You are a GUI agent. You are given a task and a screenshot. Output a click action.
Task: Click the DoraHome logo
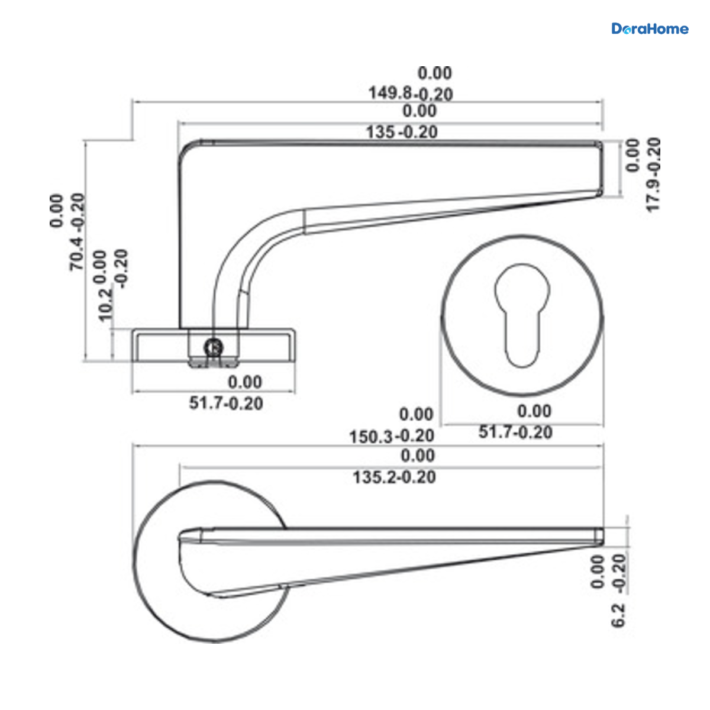[x=650, y=29]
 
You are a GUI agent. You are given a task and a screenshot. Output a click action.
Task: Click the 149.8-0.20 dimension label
[x=411, y=93]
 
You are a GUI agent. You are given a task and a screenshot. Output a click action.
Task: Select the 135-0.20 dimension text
[x=402, y=132]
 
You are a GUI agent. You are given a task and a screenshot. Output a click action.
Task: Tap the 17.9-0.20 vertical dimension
[x=653, y=175]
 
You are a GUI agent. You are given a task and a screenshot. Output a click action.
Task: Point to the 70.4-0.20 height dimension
[x=78, y=232]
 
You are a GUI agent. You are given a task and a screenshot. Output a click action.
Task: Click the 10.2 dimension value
[x=105, y=305]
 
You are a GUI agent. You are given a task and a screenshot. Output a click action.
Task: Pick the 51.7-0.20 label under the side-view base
[x=226, y=403]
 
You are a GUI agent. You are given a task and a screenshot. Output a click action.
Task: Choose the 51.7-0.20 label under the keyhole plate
[x=515, y=432]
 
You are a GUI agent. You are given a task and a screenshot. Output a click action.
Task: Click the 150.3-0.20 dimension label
[x=392, y=437]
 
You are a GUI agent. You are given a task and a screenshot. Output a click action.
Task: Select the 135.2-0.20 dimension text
[x=394, y=477]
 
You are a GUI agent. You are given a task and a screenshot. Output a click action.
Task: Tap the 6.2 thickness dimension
[x=619, y=615]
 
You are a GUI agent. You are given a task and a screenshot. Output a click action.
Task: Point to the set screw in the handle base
[x=214, y=347]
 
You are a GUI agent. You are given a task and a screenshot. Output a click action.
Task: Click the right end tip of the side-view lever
[x=603, y=169]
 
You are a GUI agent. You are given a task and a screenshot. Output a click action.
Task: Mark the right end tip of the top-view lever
[x=603, y=537]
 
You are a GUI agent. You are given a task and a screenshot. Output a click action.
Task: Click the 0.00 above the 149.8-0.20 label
[x=435, y=73]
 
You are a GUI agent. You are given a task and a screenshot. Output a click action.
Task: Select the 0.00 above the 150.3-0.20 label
[x=417, y=414]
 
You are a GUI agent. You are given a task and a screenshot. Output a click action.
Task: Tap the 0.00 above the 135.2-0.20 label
[x=418, y=456]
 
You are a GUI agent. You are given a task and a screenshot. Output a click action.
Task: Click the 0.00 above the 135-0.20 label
[x=419, y=111]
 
